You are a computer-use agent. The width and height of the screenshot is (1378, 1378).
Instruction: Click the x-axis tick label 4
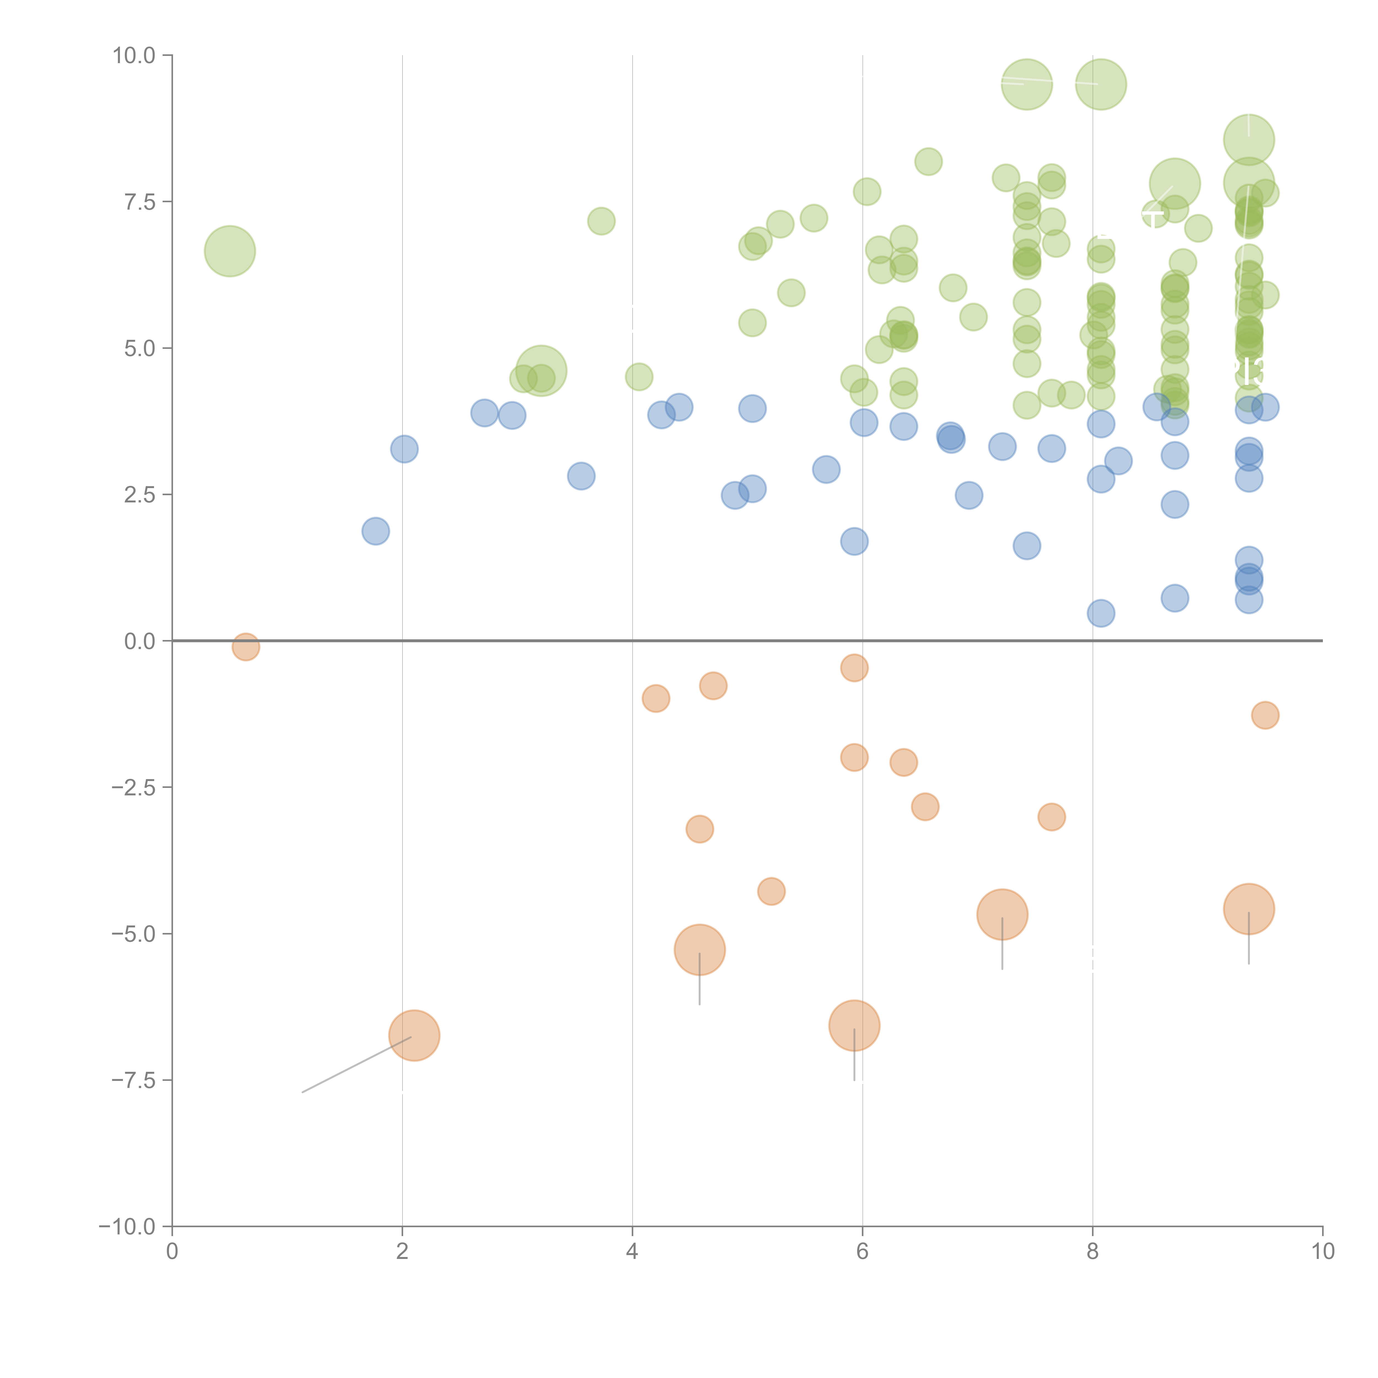tap(632, 1252)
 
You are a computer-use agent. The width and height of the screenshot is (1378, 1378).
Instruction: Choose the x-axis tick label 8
tap(1093, 1252)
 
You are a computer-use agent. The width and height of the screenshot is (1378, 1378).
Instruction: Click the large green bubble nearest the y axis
tap(230, 251)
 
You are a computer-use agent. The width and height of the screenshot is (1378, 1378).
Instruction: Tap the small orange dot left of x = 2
tap(245, 647)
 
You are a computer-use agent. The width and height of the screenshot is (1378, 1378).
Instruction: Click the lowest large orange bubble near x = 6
tap(854, 1026)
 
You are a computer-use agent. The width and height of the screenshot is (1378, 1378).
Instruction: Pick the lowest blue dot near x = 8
tap(1100, 613)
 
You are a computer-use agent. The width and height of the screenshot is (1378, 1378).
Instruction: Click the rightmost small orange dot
tap(1265, 715)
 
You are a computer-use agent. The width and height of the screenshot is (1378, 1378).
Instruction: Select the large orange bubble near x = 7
tap(1002, 914)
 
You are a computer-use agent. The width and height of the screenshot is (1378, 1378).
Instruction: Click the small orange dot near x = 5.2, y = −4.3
tap(771, 892)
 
